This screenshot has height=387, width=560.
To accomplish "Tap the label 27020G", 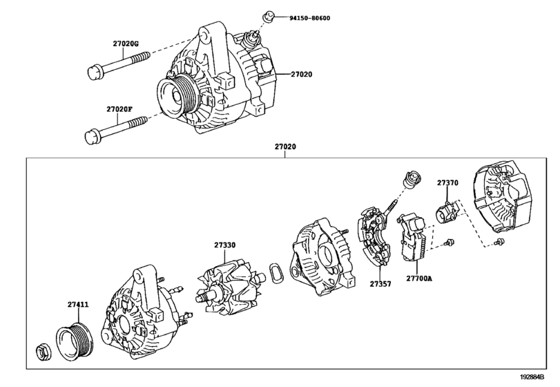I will click(x=126, y=44).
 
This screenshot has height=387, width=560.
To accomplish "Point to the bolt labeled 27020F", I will click(x=114, y=129).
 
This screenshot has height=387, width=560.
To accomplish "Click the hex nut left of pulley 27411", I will click(x=42, y=350).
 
